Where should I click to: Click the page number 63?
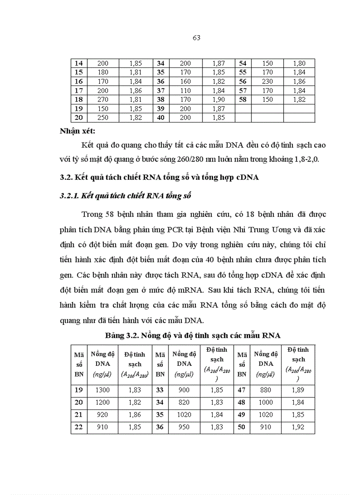click(197, 38)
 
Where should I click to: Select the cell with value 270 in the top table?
click(103, 99)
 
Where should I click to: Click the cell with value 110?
click(186, 90)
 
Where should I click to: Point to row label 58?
click(243, 99)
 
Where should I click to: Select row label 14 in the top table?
click(79, 63)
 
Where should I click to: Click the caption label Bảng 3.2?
click(122, 335)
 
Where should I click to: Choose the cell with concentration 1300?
click(102, 390)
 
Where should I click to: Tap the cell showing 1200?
click(102, 402)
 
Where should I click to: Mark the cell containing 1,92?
click(298, 427)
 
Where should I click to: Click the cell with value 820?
click(184, 402)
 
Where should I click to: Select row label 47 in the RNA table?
click(242, 390)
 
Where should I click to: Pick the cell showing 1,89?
click(298, 390)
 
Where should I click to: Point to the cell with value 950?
click(184, 427)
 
